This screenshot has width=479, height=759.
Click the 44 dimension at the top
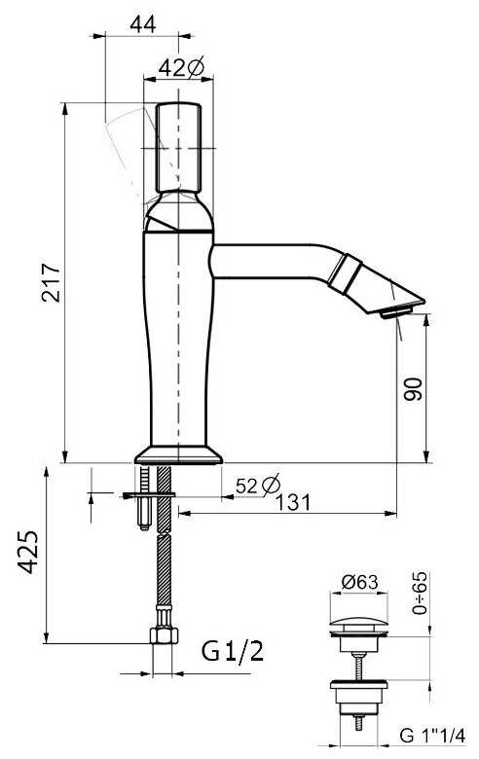(x=143, y=23)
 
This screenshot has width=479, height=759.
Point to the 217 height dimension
(x=51, y=283)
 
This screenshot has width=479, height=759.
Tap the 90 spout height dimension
(x=413, y=388)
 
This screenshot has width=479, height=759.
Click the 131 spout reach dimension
(x=293, y=502)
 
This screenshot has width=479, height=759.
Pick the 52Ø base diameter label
(x=258, y=485)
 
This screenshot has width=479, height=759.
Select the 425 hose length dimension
(x=28, y=553)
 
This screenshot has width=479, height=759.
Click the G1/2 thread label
(x=233, y=651)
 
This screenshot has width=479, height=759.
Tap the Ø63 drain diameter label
(x=359, y=581)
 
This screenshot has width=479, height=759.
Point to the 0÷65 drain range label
(x=420, y=593)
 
